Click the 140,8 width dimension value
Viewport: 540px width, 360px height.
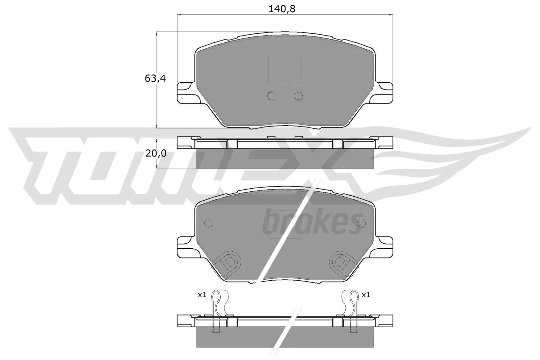point(282,9)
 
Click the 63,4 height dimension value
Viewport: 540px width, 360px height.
point(155,79)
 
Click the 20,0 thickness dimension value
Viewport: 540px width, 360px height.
point(156,154)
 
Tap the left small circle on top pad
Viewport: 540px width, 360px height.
point(271,96)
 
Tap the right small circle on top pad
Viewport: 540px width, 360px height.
point(298,96)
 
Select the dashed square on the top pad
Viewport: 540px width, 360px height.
point(285,70)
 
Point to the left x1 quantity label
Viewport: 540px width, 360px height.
point(202,295)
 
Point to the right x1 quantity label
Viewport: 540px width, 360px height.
point(366,295)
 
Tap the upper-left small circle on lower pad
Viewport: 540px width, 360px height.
point(208,223)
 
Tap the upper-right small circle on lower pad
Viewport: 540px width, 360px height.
point(361,223)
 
